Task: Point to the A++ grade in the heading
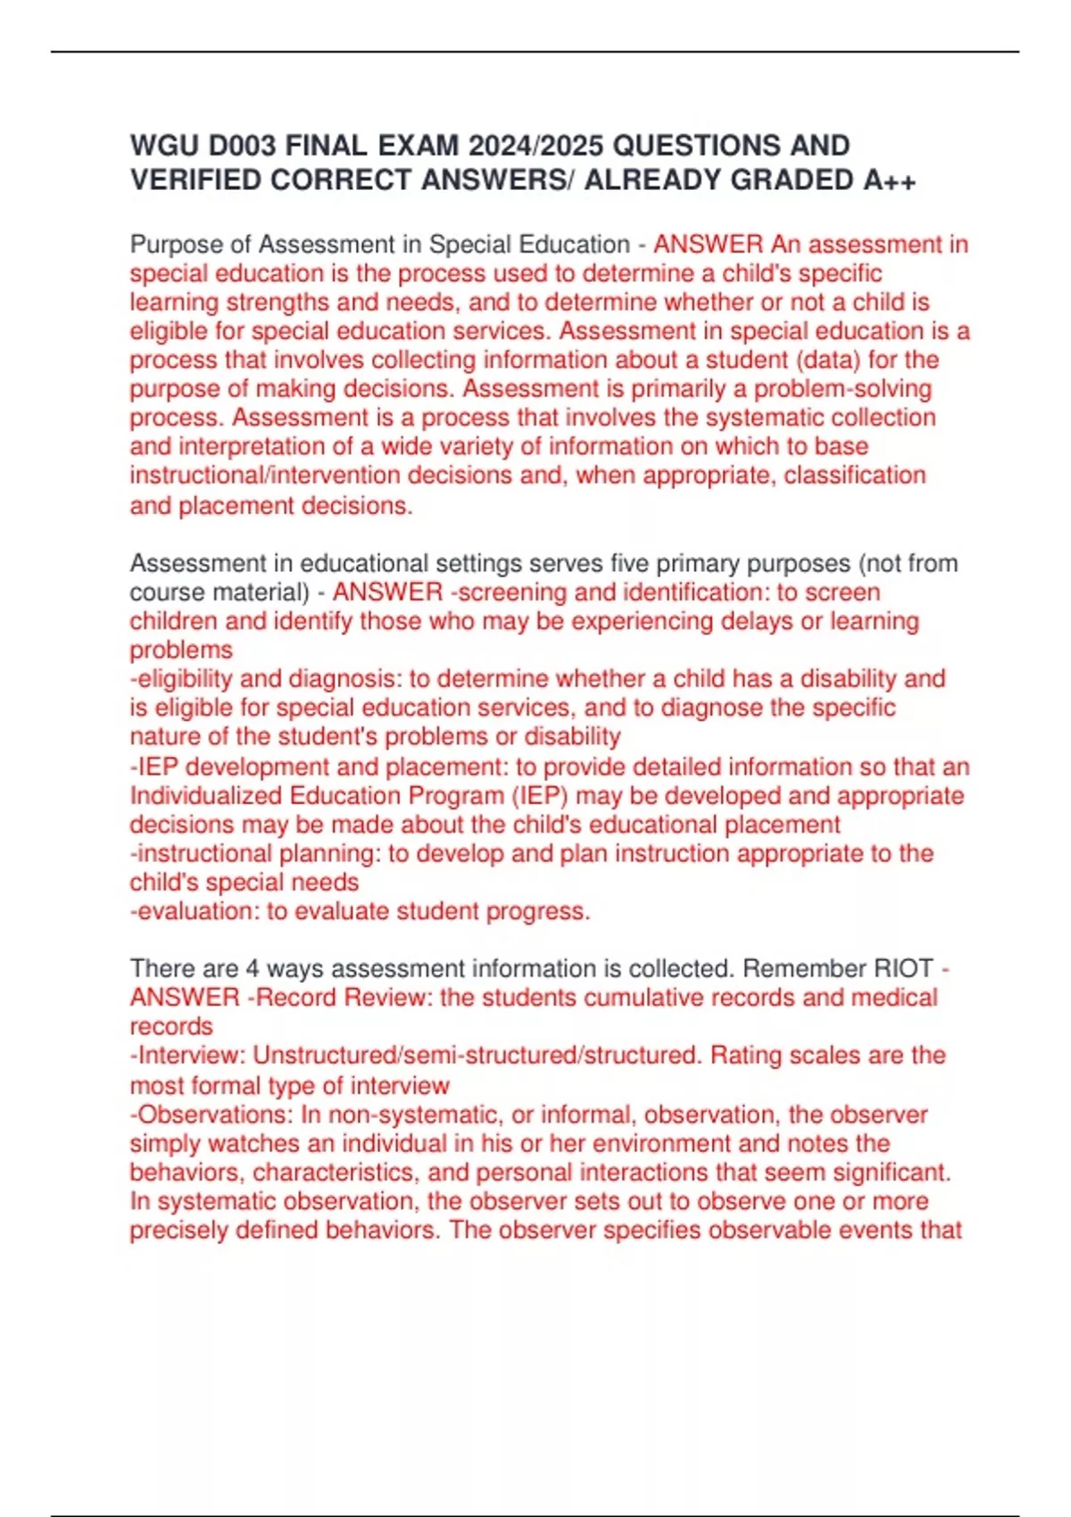(x=890, y=180)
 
